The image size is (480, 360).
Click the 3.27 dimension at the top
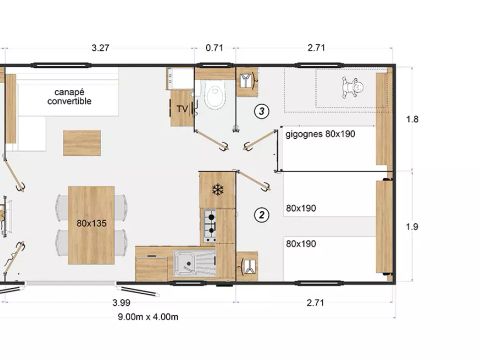(x=100, y=47)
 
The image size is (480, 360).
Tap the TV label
(x=182, y=109)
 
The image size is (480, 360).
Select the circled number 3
(x=262, y=111)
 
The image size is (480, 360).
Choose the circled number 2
(x=262, y=214)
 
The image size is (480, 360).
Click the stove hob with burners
(x=212, y=226)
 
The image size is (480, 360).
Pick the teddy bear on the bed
(x=350, y=86)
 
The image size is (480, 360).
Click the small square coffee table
(x=80, y=143)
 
